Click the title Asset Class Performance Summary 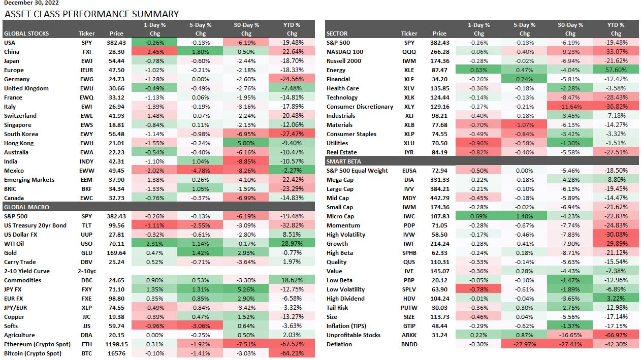(x=91, y=14)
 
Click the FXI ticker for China (x=87, y=52)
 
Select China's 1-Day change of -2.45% (x=154, y=52)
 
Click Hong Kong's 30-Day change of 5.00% (x=246, y=143)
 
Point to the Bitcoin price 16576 (x=115, y=353)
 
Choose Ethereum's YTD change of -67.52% (x=291, y=344)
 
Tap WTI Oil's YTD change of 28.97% (x=291, y=244)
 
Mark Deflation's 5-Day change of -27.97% (x=525, y=344)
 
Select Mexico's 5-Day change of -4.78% (x=200, y=171)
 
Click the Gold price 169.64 (x=116, y=253)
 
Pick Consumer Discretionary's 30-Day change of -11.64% (x=570, y=107)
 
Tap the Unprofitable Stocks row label (x=353, y=335)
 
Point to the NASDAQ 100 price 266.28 (x=439, y=52)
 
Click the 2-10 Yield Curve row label (x=26, y=271)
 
